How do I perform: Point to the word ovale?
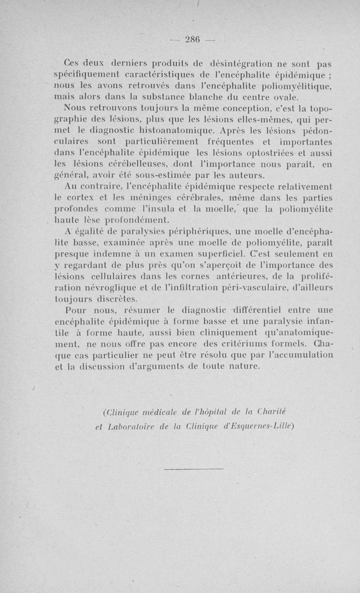(x=281, y=97)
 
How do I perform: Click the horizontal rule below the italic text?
(x=194, y=469)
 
